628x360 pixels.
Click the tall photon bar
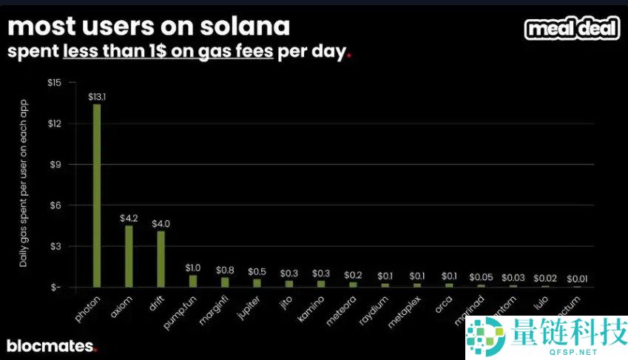(97, 195)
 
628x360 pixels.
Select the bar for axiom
(129, 256)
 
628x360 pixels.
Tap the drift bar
(161, 259)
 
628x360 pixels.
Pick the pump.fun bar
(193, 281)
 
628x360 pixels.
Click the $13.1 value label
(98, 97)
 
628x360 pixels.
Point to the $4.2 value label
(129, 218)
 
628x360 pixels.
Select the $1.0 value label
(193, 268)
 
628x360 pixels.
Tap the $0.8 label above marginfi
(225, 270)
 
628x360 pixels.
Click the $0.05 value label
(481, 276)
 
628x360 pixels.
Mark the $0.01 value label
(577, 279)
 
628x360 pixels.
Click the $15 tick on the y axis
(54, 82)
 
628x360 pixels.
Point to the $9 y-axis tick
(55, 164)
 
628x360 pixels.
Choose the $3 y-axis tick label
(55, 246)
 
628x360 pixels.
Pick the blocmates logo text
(50, 345)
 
